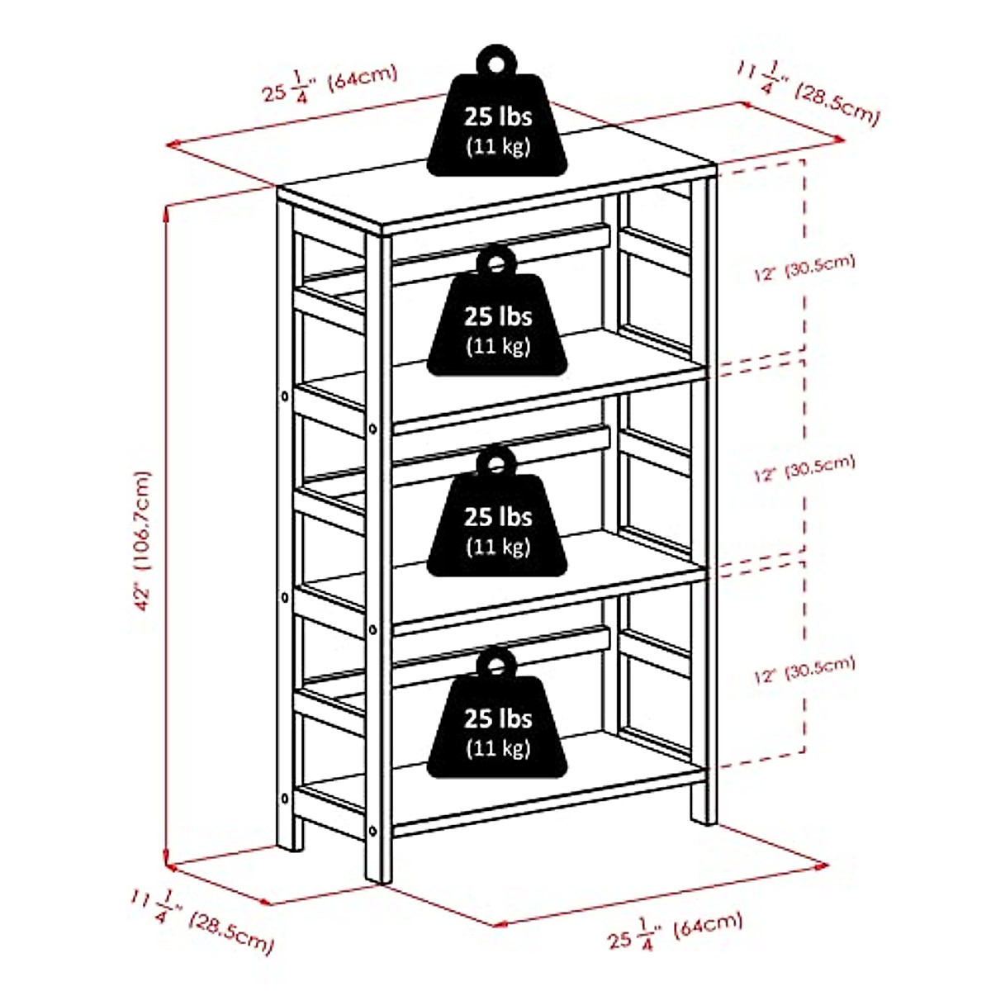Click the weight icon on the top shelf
496,124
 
